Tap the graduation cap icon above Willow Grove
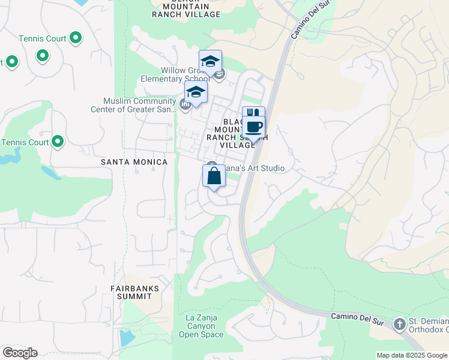coord(210,61)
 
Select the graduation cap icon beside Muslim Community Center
coord(196,93)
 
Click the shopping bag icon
coord(214,177)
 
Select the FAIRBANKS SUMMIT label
coord(135,292)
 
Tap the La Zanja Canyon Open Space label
coord(201,326)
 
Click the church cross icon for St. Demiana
coord(400,325)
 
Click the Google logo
coord(20,353)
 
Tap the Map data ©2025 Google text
coord(411,355)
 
